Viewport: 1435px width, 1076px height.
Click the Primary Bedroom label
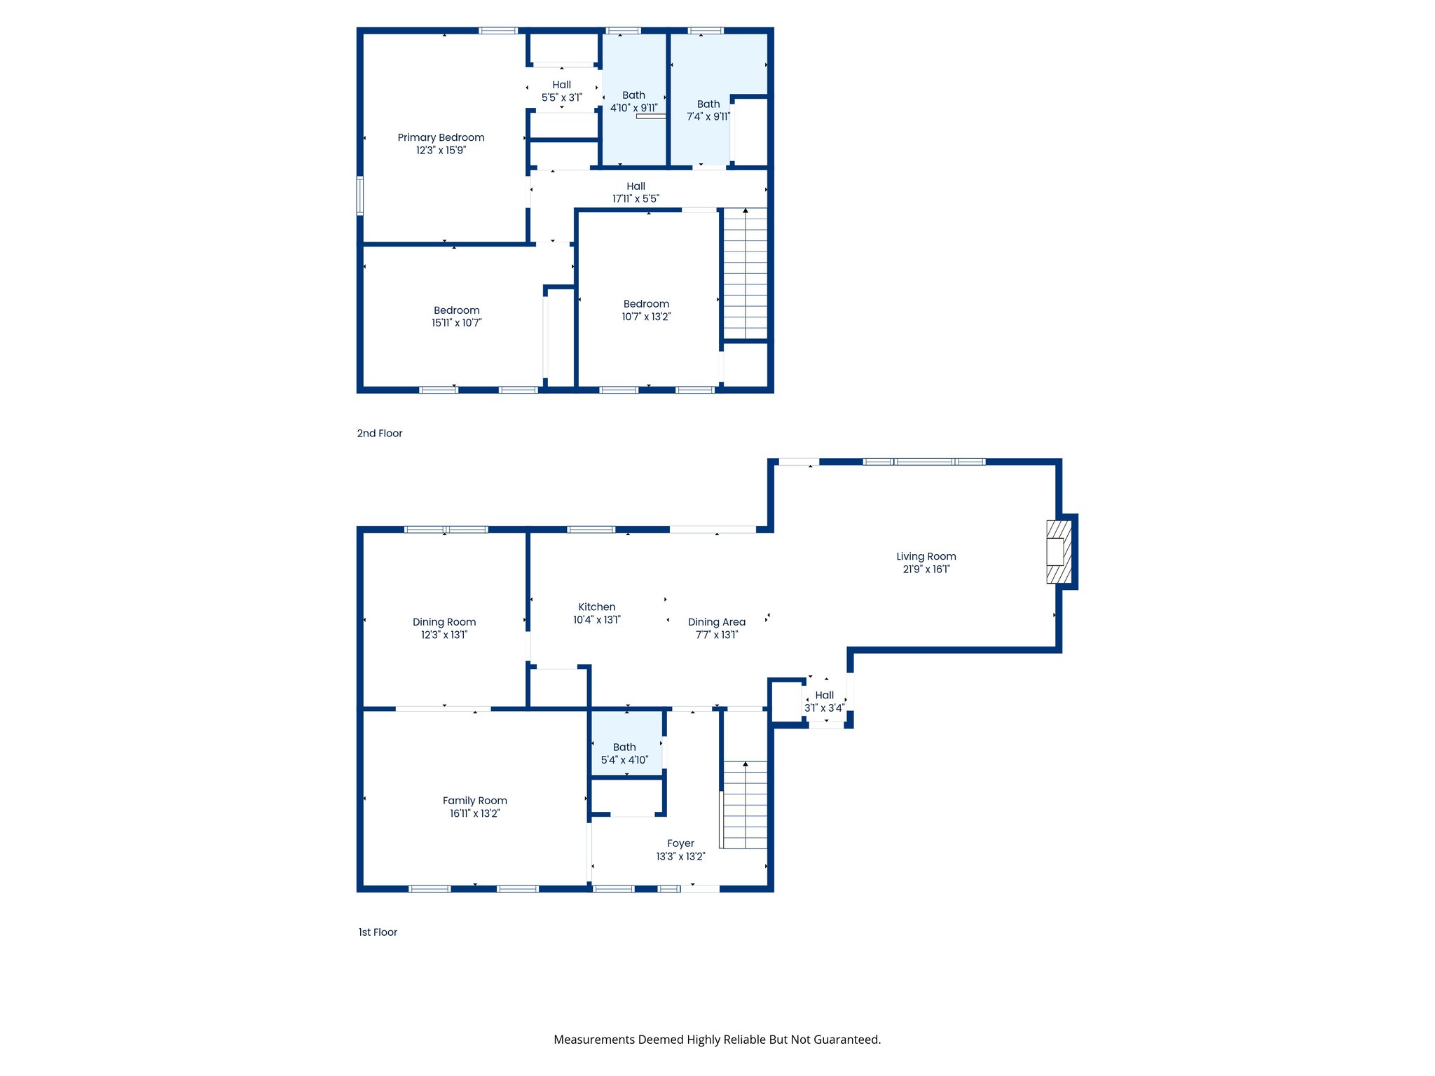[441, 137]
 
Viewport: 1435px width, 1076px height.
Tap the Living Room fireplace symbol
[1059, 552]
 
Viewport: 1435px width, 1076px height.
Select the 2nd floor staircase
[745, 274]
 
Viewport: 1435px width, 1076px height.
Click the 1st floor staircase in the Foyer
[745, 805]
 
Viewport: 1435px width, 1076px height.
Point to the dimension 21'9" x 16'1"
[926, 570]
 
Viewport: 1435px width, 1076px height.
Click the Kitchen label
[597, 607]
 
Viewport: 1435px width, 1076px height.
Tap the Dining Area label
[716, 622]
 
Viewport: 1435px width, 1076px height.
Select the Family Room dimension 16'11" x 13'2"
[474, 813]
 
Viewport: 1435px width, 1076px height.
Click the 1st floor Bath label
[624, 747]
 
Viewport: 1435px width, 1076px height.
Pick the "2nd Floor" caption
[380, 434]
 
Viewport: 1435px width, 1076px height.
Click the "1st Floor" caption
[378, 932]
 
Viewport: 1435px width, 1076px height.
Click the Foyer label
[680, 843]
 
